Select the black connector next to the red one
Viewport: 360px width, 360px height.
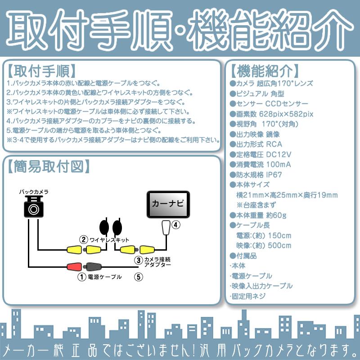tap(92, 266)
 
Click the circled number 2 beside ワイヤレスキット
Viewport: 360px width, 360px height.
tap(83, 239)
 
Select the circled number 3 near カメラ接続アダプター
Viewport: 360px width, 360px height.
tap(139, 260)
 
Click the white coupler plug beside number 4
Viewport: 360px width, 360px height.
tap(166, 228)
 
